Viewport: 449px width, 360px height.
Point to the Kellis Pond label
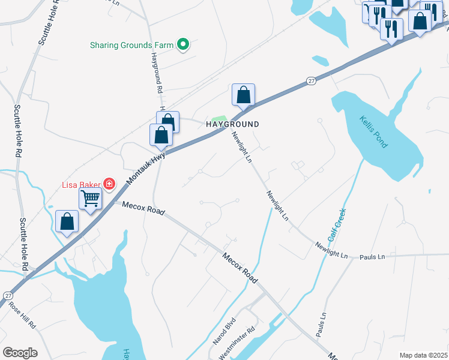tap(374, 132)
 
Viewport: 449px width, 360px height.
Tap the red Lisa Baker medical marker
tap(109, 184)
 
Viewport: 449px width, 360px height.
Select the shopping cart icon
tap(90, 197)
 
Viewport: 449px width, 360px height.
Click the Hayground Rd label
tap(157, 72)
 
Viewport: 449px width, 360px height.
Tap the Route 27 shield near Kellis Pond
tap(310, 81)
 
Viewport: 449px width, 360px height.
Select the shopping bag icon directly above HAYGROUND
tap(243, 95)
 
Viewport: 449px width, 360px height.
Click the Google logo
tap(20, 353)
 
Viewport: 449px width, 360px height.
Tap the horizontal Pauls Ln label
tap(373, 257)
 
